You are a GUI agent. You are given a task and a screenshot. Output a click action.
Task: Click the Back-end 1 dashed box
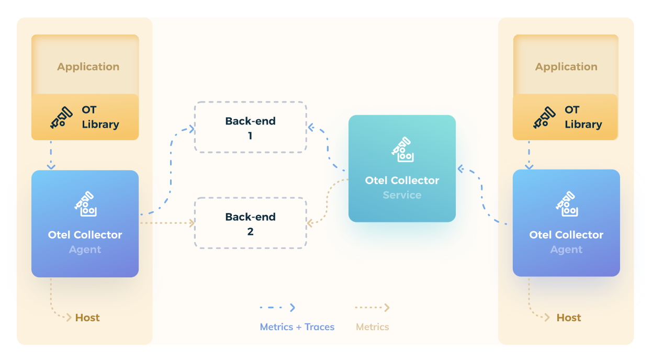(x=250, y=128)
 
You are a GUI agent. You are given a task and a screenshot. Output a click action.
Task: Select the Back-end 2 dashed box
(x=250, y=223)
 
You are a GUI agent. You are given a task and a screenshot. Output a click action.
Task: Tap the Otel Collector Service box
(x=402, y=168)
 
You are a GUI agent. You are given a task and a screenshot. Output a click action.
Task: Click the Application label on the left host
(x=88, y=67)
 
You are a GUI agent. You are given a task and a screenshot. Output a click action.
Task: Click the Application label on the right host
(x=566, y=67)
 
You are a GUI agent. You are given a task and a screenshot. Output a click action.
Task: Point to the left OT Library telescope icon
(x=61, y=117)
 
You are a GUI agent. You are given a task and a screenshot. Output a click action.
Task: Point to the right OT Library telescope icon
(x=544, y=117)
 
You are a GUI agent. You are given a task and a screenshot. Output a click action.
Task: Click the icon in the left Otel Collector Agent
(x=85, y=205)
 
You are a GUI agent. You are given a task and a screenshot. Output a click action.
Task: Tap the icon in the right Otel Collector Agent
(x=566, y=205)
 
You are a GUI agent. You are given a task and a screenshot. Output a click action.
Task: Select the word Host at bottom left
(x=87, y=318)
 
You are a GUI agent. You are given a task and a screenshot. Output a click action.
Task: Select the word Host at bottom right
(x=569, y=318)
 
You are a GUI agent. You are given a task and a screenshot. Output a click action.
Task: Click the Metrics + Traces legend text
(x=297, y=327)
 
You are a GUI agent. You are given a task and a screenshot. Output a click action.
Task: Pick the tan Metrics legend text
(x=373, y=327)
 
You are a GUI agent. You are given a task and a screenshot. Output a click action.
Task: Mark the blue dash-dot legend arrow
(x=278, y=308)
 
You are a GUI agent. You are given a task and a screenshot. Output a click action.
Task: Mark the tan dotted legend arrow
(x=372, y=308)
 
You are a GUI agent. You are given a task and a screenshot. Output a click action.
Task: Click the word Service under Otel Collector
(x=402, y=195)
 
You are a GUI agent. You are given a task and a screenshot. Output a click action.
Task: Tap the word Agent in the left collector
(x=85, y=250)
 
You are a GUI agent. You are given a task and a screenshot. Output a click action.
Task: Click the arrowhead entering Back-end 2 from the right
(x=310, y=223)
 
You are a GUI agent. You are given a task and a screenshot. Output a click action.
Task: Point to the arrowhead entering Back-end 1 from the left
(x=192, y=128)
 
